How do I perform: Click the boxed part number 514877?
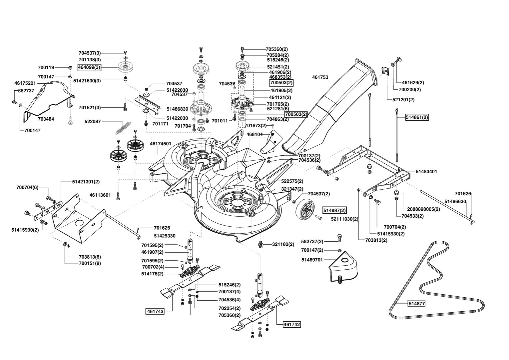[416, 304]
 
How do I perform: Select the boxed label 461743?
[155, 311]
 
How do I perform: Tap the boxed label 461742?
[292, 324]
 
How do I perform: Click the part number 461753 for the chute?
[320, 77]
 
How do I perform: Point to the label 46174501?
[161, 144]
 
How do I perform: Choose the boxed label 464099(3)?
[89, 68]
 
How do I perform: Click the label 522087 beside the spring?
[93, 122]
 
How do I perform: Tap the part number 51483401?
[426, 172]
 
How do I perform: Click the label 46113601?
[100, 195]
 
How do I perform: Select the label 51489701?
[312, 260]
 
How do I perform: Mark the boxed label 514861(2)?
[417, 117]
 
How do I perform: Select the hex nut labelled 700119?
[70, 68]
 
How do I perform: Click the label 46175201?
[25, 83]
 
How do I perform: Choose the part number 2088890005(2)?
[424, 209]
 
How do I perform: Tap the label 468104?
[254, 134]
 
